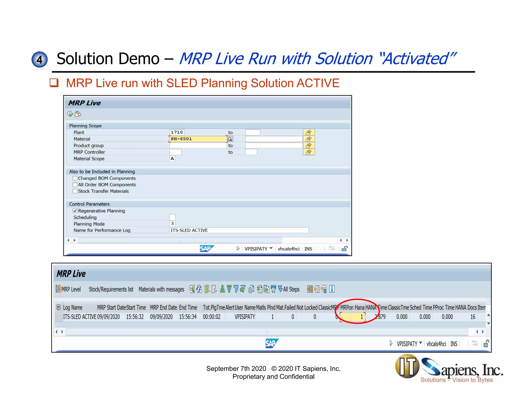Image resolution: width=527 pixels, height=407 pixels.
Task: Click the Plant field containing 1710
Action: coord(177,132)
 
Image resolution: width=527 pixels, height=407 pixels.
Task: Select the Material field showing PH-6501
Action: coord(198,139)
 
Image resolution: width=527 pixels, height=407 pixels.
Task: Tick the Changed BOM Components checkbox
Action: coord(75,178)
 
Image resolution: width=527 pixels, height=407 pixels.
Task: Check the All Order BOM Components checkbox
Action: coord(75,184)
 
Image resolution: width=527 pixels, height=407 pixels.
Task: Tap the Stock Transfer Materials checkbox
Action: coord(75,191)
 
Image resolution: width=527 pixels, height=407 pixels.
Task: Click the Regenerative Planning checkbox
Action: coord(75,211)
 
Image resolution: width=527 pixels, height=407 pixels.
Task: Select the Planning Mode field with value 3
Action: coord(172,224)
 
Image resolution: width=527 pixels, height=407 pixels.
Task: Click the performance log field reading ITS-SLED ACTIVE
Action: coord(239,230)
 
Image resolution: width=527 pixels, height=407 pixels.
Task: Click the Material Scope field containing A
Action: coord(172,158)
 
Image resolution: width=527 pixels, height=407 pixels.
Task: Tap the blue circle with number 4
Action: coord(39,59)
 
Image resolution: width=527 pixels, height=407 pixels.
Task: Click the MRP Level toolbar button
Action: coord(68,289)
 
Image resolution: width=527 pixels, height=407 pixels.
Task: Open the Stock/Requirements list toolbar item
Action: coord(111,289)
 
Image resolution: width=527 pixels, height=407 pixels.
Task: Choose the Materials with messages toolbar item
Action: coord(161,289)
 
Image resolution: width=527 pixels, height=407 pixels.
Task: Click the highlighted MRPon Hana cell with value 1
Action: coord(352,317)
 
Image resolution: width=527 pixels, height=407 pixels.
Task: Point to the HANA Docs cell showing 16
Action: coord(472,317)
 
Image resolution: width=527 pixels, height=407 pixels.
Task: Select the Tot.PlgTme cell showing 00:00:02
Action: coord(212,317)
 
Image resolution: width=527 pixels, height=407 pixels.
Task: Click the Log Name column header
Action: coord(73,308)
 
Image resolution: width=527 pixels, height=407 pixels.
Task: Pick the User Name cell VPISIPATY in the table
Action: coord(245,317)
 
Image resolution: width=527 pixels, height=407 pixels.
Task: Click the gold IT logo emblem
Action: coord(407,366)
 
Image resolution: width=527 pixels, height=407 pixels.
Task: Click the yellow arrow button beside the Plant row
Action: coord(309,132)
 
